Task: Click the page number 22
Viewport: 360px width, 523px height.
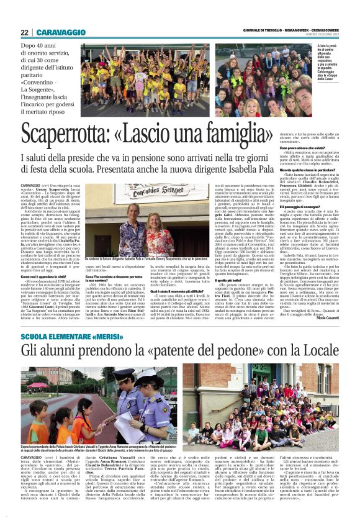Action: [24, 32]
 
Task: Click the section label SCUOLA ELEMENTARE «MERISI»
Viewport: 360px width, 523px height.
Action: [60, 335]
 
